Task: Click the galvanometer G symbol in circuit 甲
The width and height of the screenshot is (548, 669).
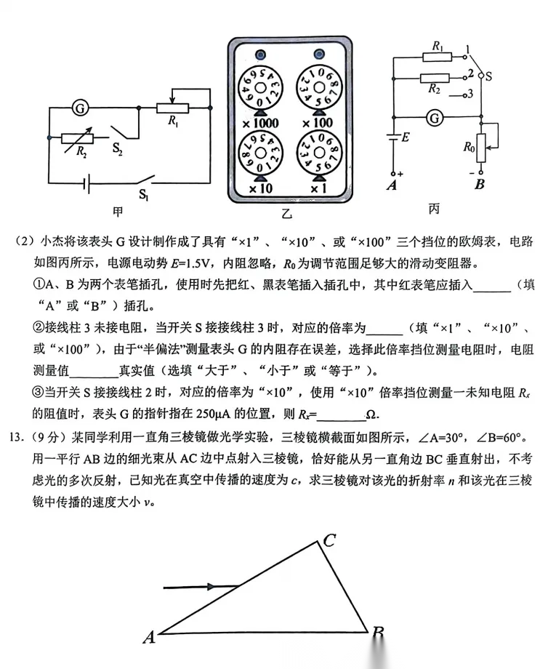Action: pyautogui.click(x=81, y=109)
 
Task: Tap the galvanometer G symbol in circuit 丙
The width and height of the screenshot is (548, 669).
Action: pyautogui.click(x=435, y=116)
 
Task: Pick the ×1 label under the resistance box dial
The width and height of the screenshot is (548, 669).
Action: pyautogui.click(x=318, y=189)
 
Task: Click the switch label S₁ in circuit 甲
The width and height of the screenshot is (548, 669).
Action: pyautogui.click(x=147, y=194)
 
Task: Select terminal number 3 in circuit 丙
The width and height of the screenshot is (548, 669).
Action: pyautogui.click(x=471, y=94)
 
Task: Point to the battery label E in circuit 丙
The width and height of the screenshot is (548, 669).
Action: pyautogui.click(x=406, y=137)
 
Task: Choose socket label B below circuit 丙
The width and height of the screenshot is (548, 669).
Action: pyautogui.click(x=479, y=185)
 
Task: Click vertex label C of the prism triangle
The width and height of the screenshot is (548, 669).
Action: pyautogui.click(x=329, y=540)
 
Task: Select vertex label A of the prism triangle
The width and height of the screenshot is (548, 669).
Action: pyautogui.click(x=149, y=638)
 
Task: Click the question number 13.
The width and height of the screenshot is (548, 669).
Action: pyautogui.click(x=17, y=440)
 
